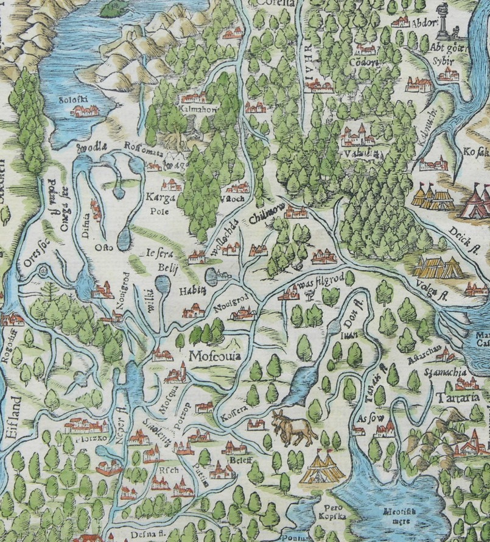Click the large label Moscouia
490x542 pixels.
coord(215,355)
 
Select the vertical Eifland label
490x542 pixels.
coord(12,424)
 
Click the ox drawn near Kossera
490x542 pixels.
coord(293,427)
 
